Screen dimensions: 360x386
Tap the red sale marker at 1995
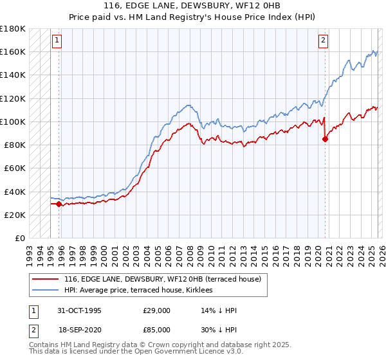pos(59,204)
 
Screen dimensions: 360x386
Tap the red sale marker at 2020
pos(325,138)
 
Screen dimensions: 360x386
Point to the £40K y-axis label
pos(15,192)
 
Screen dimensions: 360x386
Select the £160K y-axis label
pos(13,51)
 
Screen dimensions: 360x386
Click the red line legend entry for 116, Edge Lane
pos(162,280)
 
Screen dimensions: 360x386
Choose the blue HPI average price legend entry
pos(142,291)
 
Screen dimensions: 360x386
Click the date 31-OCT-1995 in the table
pos(79,310)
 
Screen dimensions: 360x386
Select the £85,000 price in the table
pos(157,329)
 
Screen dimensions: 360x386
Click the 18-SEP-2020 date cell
pos(79,329)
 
